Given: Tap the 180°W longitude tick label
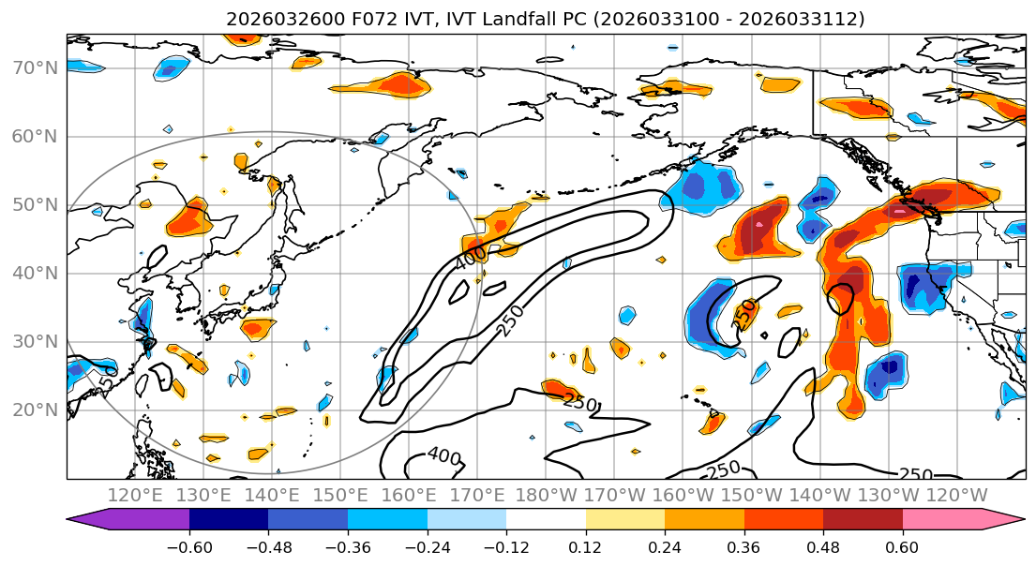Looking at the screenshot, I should click(x=547, y=495).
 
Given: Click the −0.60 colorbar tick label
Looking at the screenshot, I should click(x=188, y=546).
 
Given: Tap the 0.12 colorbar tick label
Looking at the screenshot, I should click(x=585, y=546).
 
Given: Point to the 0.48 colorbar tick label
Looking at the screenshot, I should click(x=823, y=546).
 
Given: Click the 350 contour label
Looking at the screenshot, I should click(x=743, y=313).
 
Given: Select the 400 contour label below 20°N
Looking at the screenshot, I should click(x=443, y=456).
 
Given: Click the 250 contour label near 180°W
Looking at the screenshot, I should click(x=581, y=401).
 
